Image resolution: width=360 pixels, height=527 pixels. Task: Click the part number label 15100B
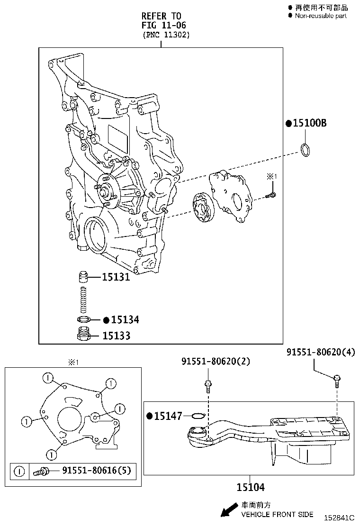(x=309, y=123)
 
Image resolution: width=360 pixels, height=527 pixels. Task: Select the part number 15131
(x=116, y=277)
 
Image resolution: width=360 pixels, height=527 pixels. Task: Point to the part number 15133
(x=116, y=336)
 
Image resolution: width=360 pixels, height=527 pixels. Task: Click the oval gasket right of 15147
(x=198, y=416)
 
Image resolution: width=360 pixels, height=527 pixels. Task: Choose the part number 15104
(x=251, y=487)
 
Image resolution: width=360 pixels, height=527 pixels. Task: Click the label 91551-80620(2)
(x=216, y=362)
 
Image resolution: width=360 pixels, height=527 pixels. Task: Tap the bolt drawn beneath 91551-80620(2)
(x=207, y=385)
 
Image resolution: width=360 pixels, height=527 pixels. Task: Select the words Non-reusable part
(x=321, y=16)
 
